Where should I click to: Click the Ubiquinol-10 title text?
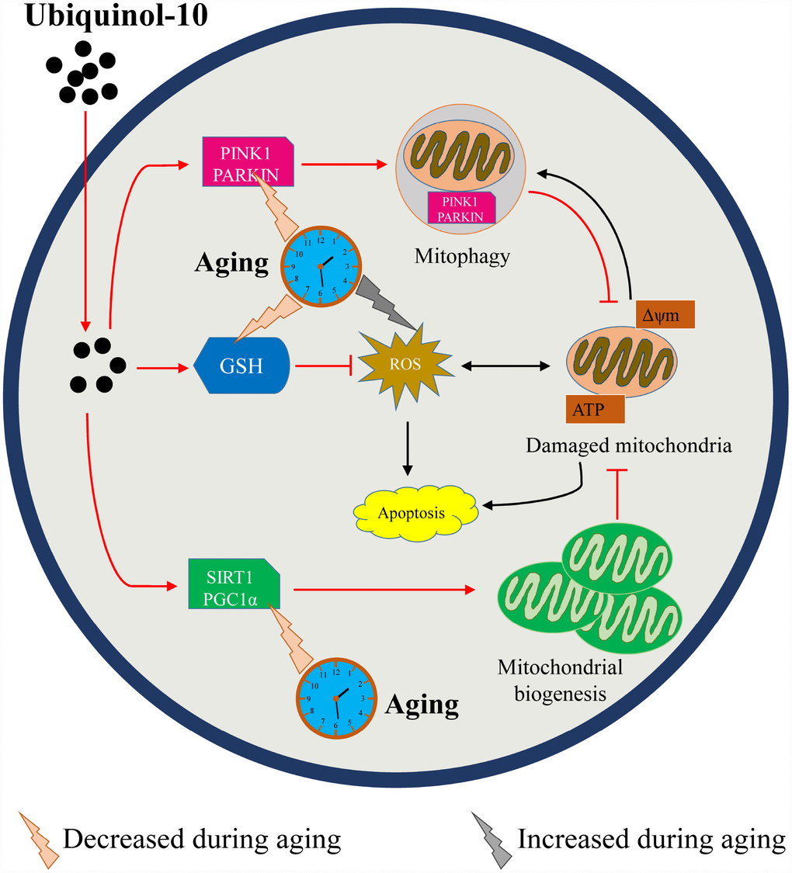click(x=116, y=17)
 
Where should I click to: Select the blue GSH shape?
click(x=243, y=364)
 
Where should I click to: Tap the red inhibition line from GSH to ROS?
click(x=325, y=364)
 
